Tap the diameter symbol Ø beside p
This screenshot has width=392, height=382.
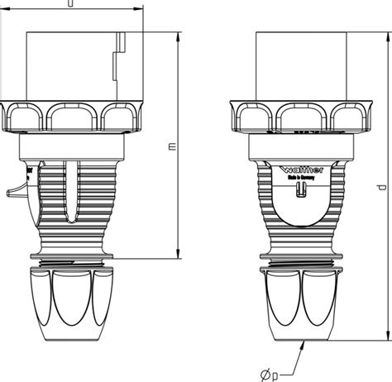(263, 375)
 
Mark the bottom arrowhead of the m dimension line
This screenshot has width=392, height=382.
(179, 255)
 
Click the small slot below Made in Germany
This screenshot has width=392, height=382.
(301, 189)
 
